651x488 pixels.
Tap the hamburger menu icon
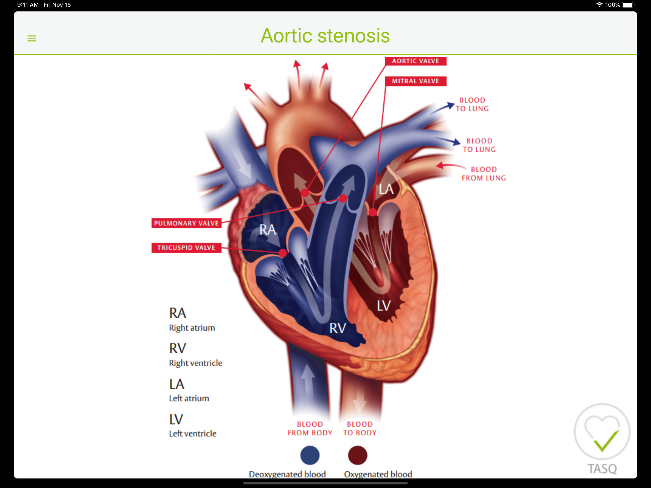pyautogui.click(x=32, y=38)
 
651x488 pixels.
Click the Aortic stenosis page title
pyautogui.click(x=325, y=36)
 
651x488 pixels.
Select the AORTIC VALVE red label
pyautogui.click(x=416, y=61)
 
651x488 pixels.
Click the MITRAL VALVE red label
pyautogui.click(x=416, y=81)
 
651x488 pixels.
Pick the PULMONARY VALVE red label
pyautogui.click(x=186, y=223)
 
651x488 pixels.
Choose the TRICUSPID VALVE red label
pyautogui.click(x=186, y=248)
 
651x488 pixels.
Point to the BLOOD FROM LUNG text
pyautogui.click(x=483, y=174)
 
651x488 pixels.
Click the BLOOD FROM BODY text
pyautogui.click(x=310, y=428)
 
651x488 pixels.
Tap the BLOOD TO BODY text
pyautogui.click(x=360, y=428)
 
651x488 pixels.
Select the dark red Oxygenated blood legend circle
pyautogui.click(x=358, y=455)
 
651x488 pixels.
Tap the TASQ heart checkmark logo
pyautogui.click(x=602, y=438)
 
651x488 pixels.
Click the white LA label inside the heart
pyautogui.click(x=386, y=189)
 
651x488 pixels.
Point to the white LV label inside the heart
pyautogui.click(x=384, y=306)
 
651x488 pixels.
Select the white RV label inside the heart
pyautogui.click(x=338, y=328)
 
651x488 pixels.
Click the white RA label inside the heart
pyautogui.click(x=268, y=229)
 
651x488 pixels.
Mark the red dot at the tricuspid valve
pyautogui.click(x=283, y=253)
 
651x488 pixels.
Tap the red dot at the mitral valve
pyautogui.click(x=373, y=212)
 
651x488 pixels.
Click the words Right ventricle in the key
pyautogui.click(x=195, y=363)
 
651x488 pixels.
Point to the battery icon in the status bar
pyautogui.click(x=628, y=5)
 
